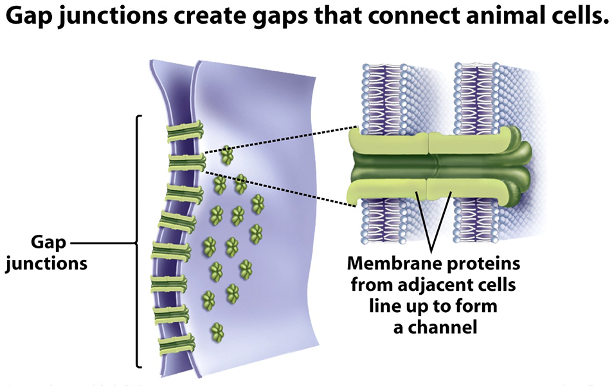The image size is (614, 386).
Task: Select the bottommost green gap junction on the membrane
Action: [x=176, y=343]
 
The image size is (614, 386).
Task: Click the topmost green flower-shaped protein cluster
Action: [x=226, y=154]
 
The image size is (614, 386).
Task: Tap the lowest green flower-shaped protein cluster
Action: [x=218, y=332]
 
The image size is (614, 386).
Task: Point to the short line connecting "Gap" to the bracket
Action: [x=103, y=244]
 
